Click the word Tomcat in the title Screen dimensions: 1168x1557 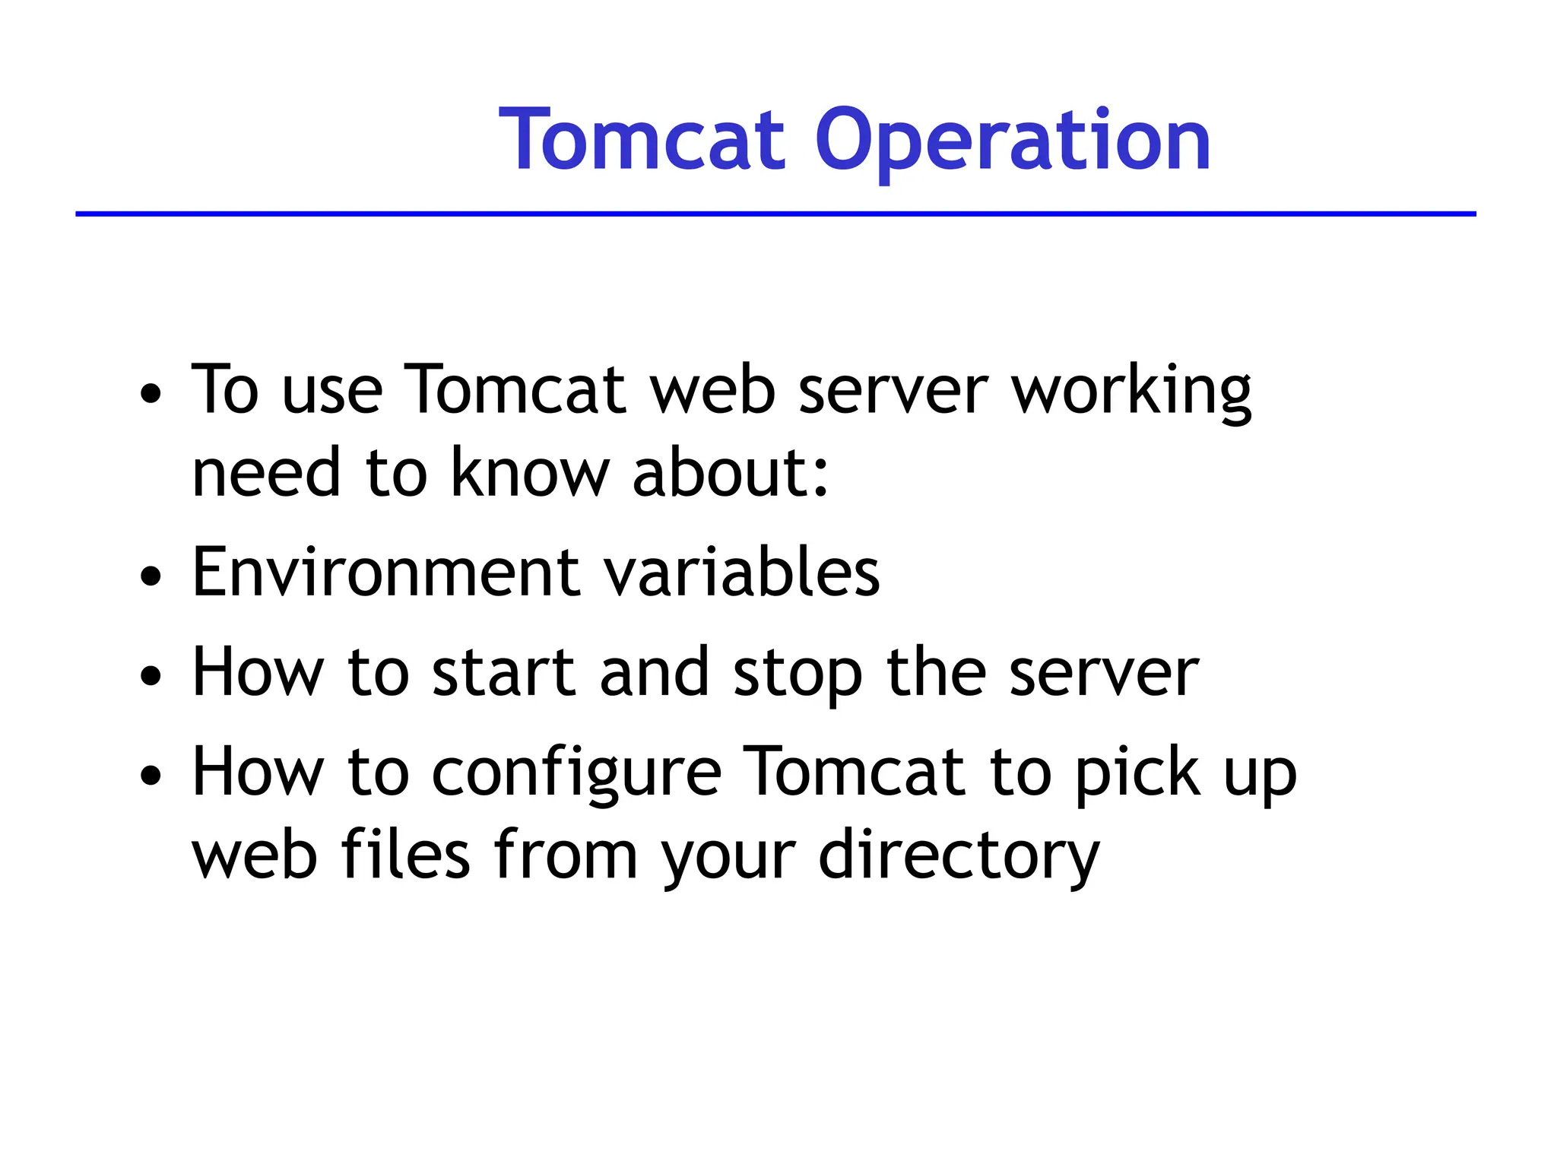(641, 141)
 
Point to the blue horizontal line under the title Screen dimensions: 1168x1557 (775, 214)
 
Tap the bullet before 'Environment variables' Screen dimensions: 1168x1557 (151, 576)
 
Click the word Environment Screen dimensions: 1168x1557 (385, 572)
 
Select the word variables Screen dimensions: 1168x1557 (741, 572)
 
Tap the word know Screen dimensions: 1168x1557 (530, 473)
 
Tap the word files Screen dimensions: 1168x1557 (405, 855)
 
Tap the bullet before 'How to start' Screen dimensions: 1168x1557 (151, 675)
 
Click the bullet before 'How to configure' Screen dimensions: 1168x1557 (151, 775)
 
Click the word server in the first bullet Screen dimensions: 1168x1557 (893, 392)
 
